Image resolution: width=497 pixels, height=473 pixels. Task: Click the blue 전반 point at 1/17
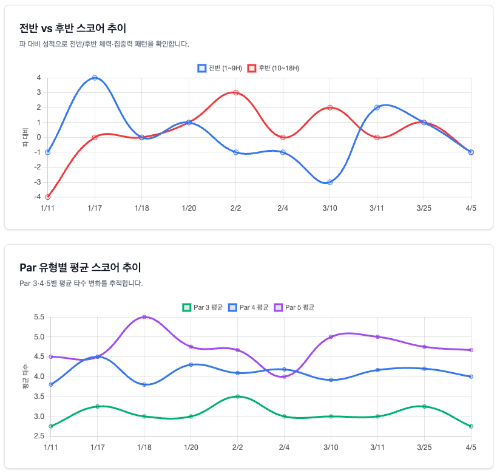(95, 78)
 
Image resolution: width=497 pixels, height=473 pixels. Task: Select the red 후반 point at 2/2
(235, 92)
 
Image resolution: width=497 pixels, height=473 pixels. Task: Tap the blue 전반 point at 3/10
(330, 182)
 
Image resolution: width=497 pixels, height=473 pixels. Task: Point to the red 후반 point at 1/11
(47, 197)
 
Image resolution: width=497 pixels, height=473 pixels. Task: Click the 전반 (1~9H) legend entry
(220, 68)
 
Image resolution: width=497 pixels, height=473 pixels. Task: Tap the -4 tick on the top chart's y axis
(38, 197)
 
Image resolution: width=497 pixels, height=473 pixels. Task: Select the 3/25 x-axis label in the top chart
(424, 208)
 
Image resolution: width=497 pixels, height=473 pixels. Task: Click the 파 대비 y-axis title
(25, 137)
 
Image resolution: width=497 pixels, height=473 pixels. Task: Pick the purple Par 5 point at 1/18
(144, 317)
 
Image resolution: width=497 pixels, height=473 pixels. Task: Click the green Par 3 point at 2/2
(238, 396)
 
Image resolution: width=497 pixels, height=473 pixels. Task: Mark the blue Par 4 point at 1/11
(51, 384)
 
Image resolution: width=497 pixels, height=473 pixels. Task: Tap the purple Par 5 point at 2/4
(284, 376)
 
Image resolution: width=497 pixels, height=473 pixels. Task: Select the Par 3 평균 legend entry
(203, 307)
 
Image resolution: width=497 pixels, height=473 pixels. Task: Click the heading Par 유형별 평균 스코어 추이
(80, 267)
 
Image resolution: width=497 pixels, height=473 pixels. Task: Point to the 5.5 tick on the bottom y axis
(39, 317)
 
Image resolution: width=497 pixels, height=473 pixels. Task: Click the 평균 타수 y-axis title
(25, 376)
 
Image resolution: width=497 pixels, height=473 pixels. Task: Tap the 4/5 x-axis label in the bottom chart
(470, 447)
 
